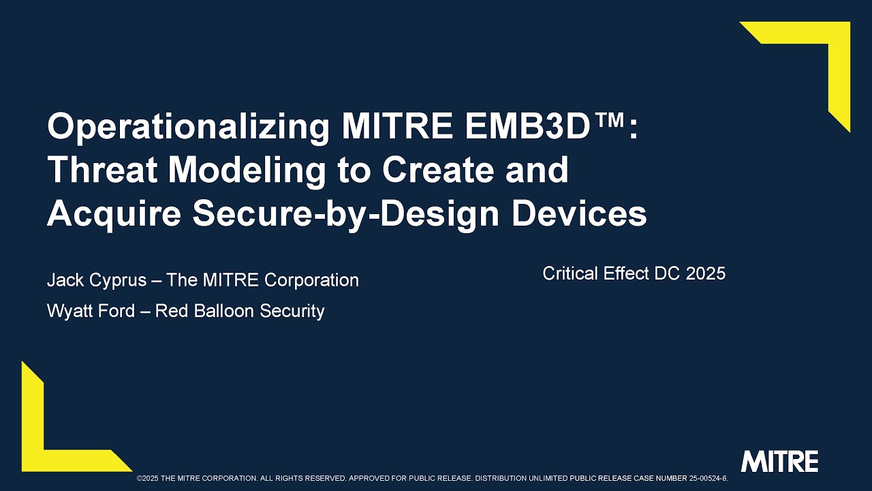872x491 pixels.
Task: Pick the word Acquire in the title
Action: [x=114, y=213]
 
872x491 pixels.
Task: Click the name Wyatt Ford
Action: [x=90, y=311]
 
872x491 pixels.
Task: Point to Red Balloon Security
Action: [x=240, y=311]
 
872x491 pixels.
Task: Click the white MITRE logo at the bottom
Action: [x=779, y=462]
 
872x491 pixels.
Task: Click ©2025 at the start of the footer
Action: [x=148, y=479]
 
